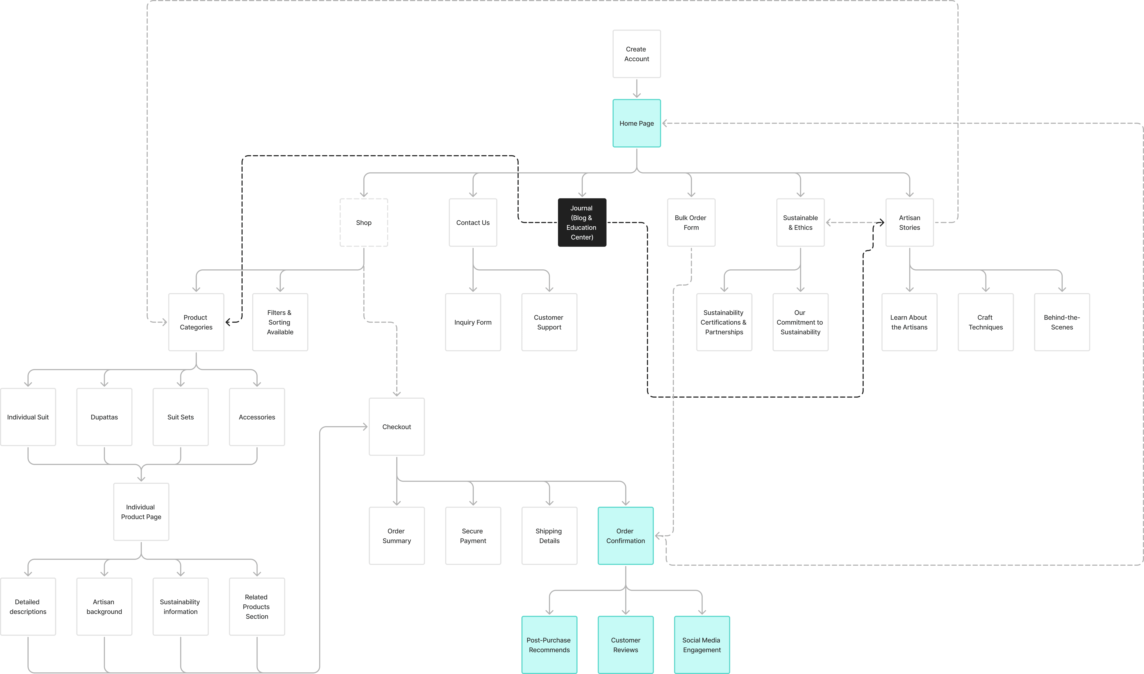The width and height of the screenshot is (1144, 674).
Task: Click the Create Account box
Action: (637, 54)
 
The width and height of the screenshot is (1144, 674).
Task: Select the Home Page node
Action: (637, 123)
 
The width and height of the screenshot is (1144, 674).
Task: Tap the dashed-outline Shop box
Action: (363, 223)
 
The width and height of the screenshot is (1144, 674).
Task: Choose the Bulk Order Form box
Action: (691, 223)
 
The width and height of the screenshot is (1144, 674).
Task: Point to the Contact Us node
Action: (473, 223)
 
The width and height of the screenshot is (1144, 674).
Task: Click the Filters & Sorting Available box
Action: (280, 322)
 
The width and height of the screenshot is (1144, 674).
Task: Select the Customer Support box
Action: (549, 322)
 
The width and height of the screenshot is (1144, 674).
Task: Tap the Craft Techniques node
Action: (986, 322)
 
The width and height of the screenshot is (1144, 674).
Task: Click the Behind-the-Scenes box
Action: (1062, 322)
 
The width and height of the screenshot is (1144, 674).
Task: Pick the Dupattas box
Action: (104, 417)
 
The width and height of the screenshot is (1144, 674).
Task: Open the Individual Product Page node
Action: (141, 512)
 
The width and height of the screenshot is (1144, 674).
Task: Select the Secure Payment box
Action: (473, 536)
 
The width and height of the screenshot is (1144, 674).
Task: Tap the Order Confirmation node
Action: (626, 536)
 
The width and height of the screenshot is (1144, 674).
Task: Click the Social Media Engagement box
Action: (702, 645)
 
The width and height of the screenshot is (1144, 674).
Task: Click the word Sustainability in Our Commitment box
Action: (800, 332)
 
